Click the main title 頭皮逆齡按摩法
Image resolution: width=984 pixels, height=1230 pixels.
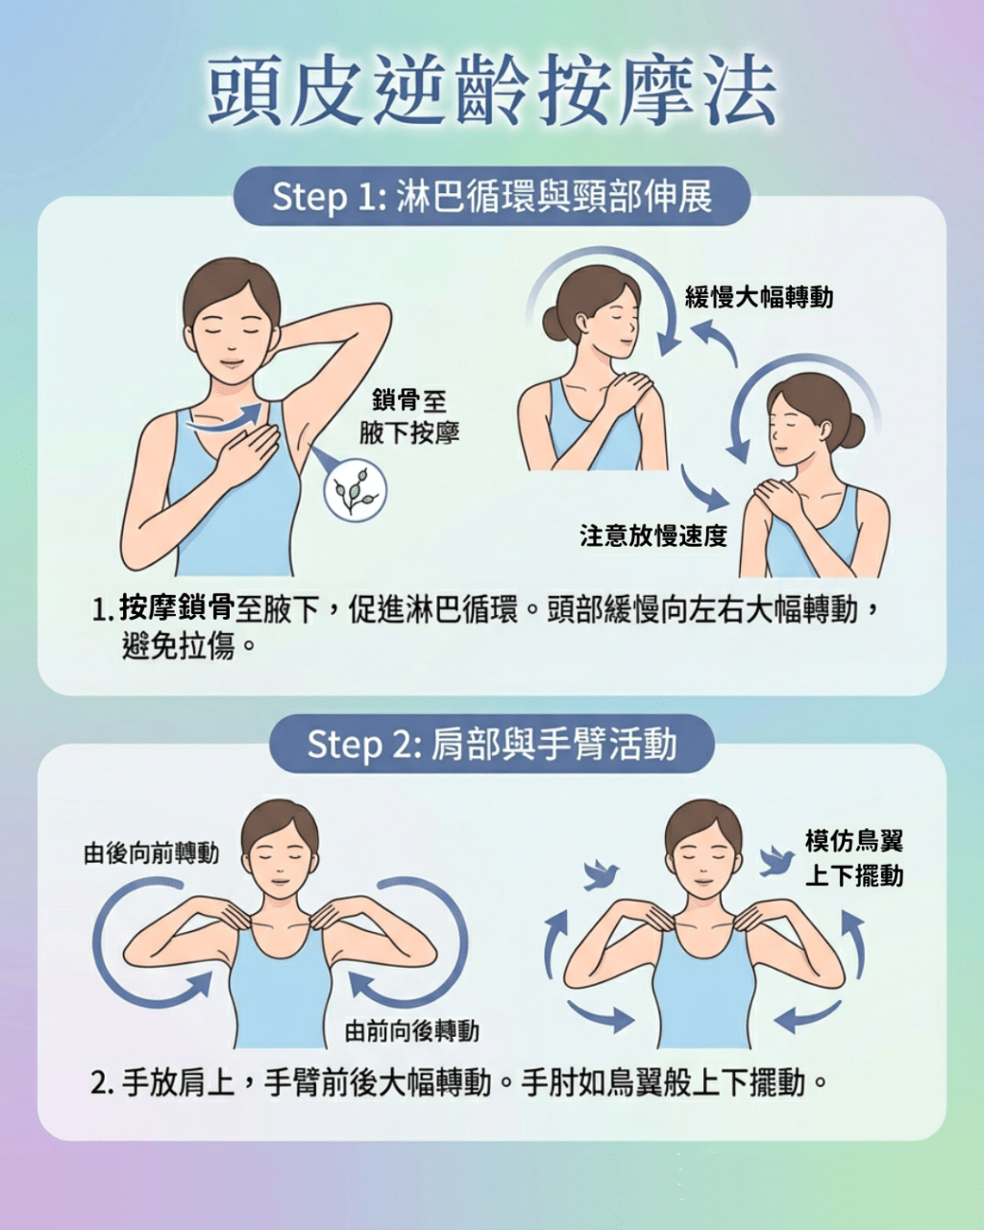[492, 91]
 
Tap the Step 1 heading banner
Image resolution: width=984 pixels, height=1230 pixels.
[492, 196]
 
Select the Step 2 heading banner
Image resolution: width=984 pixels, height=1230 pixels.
[492, 744]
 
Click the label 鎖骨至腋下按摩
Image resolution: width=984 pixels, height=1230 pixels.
[409, 417]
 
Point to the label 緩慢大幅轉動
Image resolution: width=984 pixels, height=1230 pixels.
[758, 297]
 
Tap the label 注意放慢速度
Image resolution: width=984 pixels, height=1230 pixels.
[653, 535]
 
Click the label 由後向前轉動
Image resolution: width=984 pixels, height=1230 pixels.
[151, 852]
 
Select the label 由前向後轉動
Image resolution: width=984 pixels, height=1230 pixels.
[411, 1031]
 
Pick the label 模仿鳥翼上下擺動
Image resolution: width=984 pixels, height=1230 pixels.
[853, 858]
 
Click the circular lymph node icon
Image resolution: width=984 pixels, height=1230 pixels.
[355, 491]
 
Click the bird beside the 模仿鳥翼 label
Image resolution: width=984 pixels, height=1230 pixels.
[776, 860]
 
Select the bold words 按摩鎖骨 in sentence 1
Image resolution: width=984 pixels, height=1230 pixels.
[177, 608]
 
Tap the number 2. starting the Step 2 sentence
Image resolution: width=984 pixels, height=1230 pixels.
[103, 1084]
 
